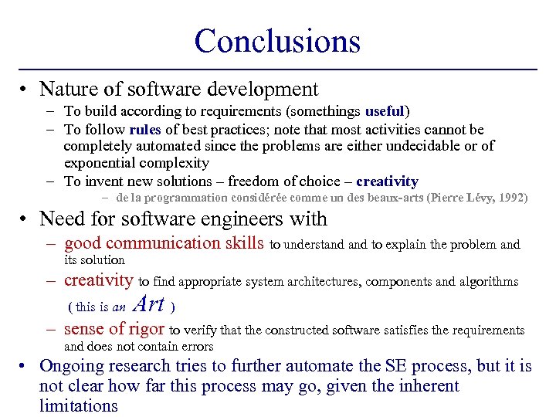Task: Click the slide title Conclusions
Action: tap(277, 41)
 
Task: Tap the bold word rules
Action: tap(145, 129)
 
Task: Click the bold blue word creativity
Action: tap(387, 181)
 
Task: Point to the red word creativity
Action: tap(99, 280)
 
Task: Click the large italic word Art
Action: tap(149, 304)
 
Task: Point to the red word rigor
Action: tap(147, 329)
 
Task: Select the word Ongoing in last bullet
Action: tap(73, 366)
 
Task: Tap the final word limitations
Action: tap(78, 405)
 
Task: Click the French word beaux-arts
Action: tap(389, 198)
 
